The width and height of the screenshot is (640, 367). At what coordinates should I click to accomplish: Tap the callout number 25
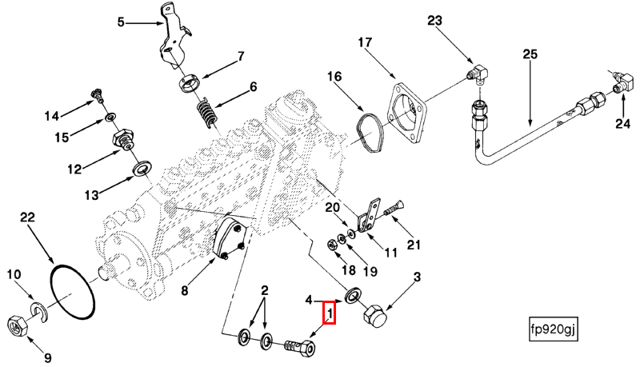(x=530, y=55)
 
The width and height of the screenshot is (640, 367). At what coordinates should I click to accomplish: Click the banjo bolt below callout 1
(x=300, y=348)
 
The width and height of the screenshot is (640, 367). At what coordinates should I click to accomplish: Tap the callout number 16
(x=333, y=77)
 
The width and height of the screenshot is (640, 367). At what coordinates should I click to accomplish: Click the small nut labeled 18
(x=332, y=243)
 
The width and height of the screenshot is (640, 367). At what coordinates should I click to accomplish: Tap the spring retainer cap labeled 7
(x=191, y=83)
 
